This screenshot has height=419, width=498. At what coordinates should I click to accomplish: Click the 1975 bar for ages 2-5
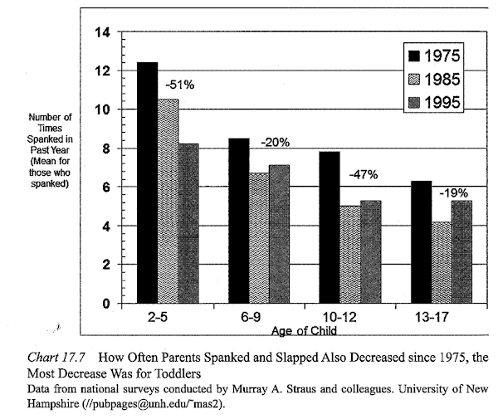[x=147, y=183]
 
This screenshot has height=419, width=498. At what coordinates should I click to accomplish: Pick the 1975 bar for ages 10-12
[x=328, y=227]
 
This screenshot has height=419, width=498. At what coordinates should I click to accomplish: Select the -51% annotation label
[x=179, y=84]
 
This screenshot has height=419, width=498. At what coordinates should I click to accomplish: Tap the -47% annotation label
[x=363, y=174]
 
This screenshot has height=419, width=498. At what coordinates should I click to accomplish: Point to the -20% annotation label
[x=274, y=142]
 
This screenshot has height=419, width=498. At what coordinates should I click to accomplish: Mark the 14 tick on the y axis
[x=103, y=32]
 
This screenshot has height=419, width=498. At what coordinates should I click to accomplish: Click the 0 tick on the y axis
[x=106, y=304]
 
